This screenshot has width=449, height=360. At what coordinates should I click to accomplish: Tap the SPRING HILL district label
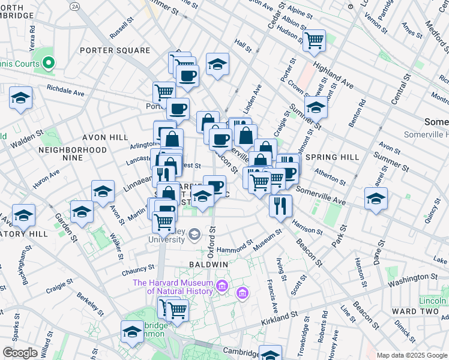click(x=332, y=157)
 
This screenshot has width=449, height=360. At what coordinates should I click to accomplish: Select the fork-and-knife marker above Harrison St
click(x=280, y=206)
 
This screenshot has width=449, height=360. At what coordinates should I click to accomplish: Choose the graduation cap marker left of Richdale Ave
click(x=21, y=97)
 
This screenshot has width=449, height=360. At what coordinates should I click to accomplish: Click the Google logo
click(x=20, y=353)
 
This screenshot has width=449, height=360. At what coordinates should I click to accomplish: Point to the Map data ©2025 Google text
click(x=412, y=355)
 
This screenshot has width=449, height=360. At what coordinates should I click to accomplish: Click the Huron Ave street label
click(x=47, y=179)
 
